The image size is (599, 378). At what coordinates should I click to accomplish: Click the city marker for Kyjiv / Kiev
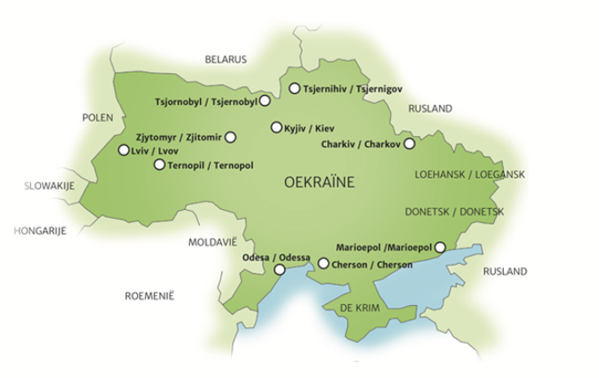point(276,127)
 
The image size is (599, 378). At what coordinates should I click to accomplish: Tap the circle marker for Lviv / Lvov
point(124,150)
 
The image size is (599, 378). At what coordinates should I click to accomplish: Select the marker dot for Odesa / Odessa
point(279,269)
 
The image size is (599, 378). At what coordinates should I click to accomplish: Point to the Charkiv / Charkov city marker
point(410,143)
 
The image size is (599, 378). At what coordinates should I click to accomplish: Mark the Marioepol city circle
point(440,247)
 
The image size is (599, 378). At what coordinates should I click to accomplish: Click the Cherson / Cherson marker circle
point(324,264)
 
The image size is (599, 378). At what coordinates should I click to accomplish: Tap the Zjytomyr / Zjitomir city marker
point(230,137)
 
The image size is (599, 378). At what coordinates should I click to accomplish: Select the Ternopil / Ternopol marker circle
point(159,165)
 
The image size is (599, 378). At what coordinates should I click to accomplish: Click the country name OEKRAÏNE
point(318,183)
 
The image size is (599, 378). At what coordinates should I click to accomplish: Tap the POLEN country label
point(97,118)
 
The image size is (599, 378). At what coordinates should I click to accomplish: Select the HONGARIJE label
point(40,230)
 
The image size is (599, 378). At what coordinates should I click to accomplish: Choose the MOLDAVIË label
point(211,243)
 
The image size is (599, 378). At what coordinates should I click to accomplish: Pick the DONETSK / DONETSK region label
point(455,212)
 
